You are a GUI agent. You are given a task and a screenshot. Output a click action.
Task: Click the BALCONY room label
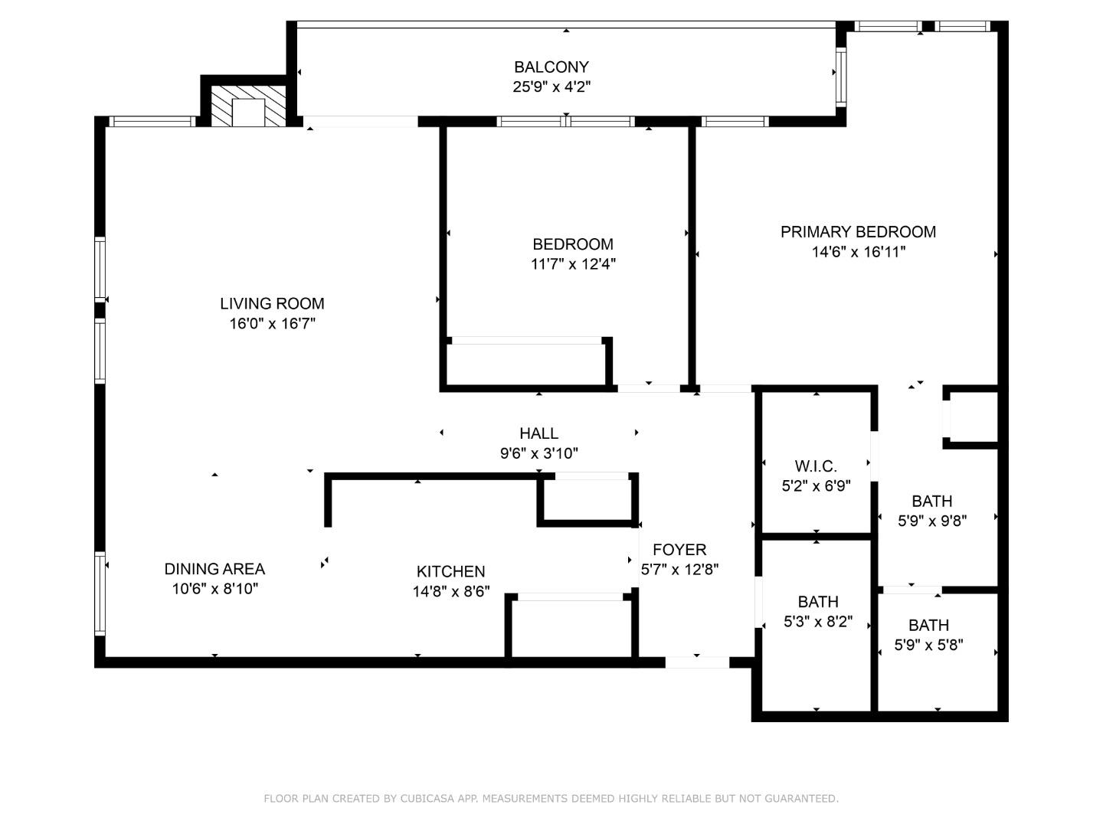[551, 67]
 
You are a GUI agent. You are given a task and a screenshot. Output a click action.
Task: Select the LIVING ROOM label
[272, 303]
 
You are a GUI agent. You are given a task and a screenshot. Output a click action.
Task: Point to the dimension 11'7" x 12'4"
[573, 264]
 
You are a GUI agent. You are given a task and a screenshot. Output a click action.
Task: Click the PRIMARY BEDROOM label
[858, 231]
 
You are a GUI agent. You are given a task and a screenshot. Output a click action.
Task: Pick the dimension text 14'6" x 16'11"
[858, 252]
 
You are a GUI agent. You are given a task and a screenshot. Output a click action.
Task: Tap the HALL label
[538, 433]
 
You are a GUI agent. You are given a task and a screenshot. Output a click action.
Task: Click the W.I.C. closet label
[816, 466]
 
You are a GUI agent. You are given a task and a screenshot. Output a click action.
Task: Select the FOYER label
[679, 550]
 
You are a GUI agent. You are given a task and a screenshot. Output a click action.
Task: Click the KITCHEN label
[450, 571]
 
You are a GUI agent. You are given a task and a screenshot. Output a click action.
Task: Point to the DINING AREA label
[214, 569]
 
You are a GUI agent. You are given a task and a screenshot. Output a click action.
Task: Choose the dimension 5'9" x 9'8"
[932, 521]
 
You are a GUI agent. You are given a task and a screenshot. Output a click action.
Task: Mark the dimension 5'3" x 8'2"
[818, 622]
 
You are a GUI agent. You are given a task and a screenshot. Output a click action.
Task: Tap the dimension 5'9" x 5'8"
[929, 646]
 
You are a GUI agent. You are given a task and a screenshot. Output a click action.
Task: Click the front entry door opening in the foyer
[697, 662]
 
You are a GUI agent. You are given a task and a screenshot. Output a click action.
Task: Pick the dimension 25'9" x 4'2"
[551, 87]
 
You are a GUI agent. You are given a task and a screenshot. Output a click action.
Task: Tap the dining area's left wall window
[100, 593]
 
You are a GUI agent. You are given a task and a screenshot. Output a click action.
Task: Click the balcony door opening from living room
[361, 122]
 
